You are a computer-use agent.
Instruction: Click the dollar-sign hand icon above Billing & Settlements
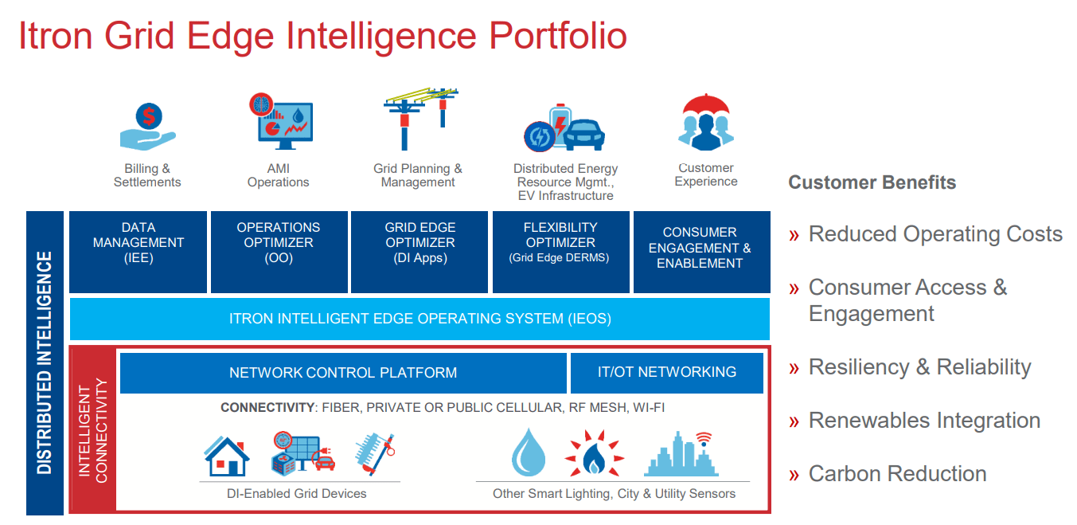pyautogui.click(x=147, y=127)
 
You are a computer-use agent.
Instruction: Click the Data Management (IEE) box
pyautogui.click(x=139, y=251)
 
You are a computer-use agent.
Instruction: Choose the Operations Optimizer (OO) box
pyautogui.click(x=279, y=251)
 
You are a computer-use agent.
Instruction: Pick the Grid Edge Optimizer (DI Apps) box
pyautogui.click(x=419, y=251)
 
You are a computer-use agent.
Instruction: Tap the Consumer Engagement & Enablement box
pyautogui.click(x=700, y=251)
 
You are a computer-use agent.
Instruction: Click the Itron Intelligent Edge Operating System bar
pyautogui.click(x=419, y=319)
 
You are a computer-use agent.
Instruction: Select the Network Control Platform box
pyautogui.click(x=343, y=373)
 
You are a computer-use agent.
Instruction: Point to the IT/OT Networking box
pyautogui.click(x=666, y=373)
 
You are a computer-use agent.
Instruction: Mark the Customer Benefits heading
pyautogui.click(x=872, y=182)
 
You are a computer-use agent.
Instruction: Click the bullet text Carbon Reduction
pyautogui.click(x=897, y=474)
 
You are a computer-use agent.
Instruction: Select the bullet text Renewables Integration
pyautogui.click(x=924, y=421)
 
